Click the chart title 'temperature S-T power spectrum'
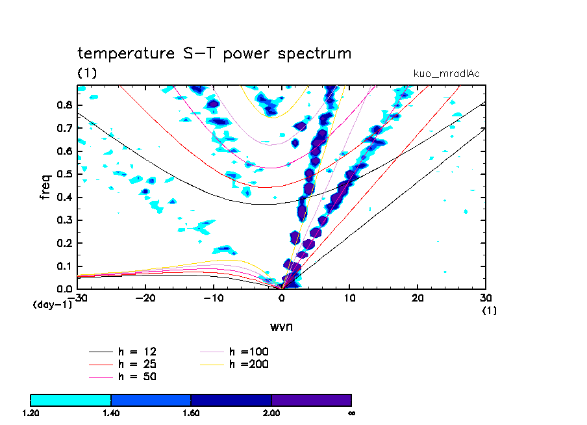pos(214,54)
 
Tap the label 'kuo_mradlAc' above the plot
pos(446,73)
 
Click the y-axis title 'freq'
pos(45,187)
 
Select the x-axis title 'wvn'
pos(281,326)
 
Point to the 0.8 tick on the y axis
pos(64,105)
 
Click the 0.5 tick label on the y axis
pos(64,174)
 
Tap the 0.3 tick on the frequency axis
pos(64,220)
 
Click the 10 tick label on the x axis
pos(349,298)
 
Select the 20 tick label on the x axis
pos(418,298)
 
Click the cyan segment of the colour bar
pos(71,400)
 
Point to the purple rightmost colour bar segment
pos(311,400)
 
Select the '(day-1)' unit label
pos(52,304)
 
